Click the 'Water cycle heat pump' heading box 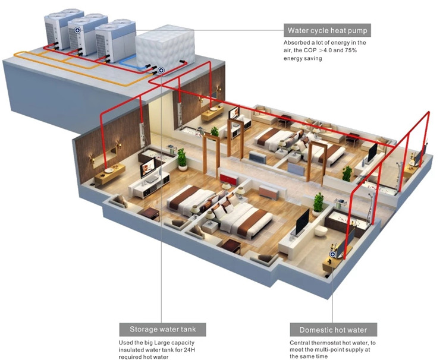[x=327, y=30]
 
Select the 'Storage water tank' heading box [x=162, y=329]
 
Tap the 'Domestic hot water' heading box [x=334, y=330]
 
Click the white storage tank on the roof [x=165, y=49]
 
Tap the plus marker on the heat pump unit [x=77, y=30]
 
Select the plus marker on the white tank [x=161, y=70]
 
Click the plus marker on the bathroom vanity [x=332, y=254]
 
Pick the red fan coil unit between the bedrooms [x=229, y=178]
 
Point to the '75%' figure [x=351, y=50]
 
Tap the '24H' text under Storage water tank [x=190, y=350]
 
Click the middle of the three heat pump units [x=87, y=36]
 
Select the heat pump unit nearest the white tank [x=115, y=41]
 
